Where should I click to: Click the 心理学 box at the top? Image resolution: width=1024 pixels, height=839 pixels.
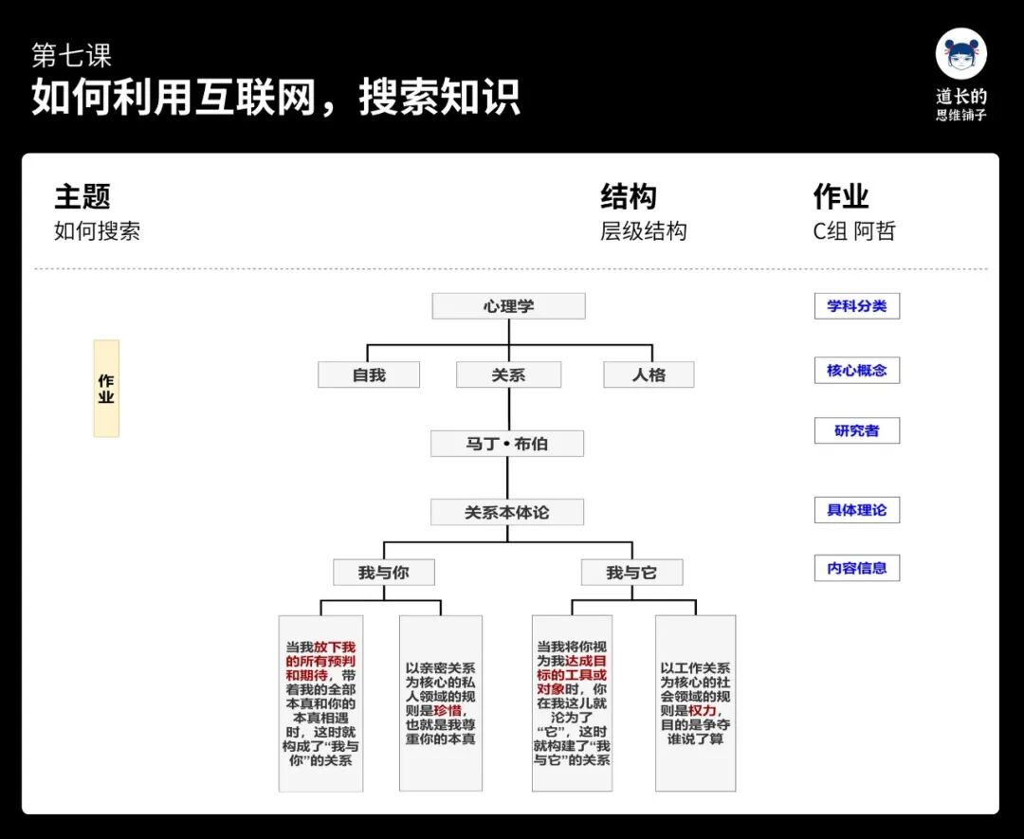pyautogui.click(x=508, y=306)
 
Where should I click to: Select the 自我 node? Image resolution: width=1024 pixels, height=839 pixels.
pyautogui.click(x=369, y=375)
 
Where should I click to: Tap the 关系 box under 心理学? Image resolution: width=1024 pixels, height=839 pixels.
pyautogui.click(x=508, y=375)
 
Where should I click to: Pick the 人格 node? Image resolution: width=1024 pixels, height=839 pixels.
pyautogui.click(x=649, y=375)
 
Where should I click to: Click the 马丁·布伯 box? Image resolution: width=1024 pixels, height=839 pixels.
pyautogui.click(x=507, y=444)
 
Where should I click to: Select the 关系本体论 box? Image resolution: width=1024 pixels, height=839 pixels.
pyautogui.click(x=507, y=513)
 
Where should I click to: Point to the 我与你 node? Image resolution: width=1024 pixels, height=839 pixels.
pyautogui.click(x=384, y=573)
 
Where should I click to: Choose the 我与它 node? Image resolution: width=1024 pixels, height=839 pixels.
pyautogui.click(x=631, y=573)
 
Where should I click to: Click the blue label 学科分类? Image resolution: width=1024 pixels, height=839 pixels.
pyautogui.click(x=857, y=306)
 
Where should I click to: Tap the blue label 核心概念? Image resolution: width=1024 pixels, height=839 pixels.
pyautogui.click(x=857, y=371)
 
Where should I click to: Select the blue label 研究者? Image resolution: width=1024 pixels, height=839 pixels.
pyautogui.click(x=857, y=431)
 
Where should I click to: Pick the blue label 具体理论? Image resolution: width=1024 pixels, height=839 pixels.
pyautogui.click(x=857, y=510)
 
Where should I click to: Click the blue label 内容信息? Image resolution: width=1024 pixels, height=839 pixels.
pyautogui.click(x=857, y=569)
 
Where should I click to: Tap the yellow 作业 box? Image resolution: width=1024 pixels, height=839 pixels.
pyautogui.click(x=106, y=389)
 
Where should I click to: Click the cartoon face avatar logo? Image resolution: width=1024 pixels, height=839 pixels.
pyautogui.click(x=961, y=54)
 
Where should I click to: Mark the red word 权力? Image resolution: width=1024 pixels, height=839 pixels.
pyautogui.click(x=702, y=710)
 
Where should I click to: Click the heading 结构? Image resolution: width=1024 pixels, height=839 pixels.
pyautogui.click(x=629, y=197)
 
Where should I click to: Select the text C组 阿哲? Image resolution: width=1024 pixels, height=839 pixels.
pyautogui.click(x=854, y=231)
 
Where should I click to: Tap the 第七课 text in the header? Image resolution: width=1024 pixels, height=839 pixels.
pyautogui.click(x=72, y=56)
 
